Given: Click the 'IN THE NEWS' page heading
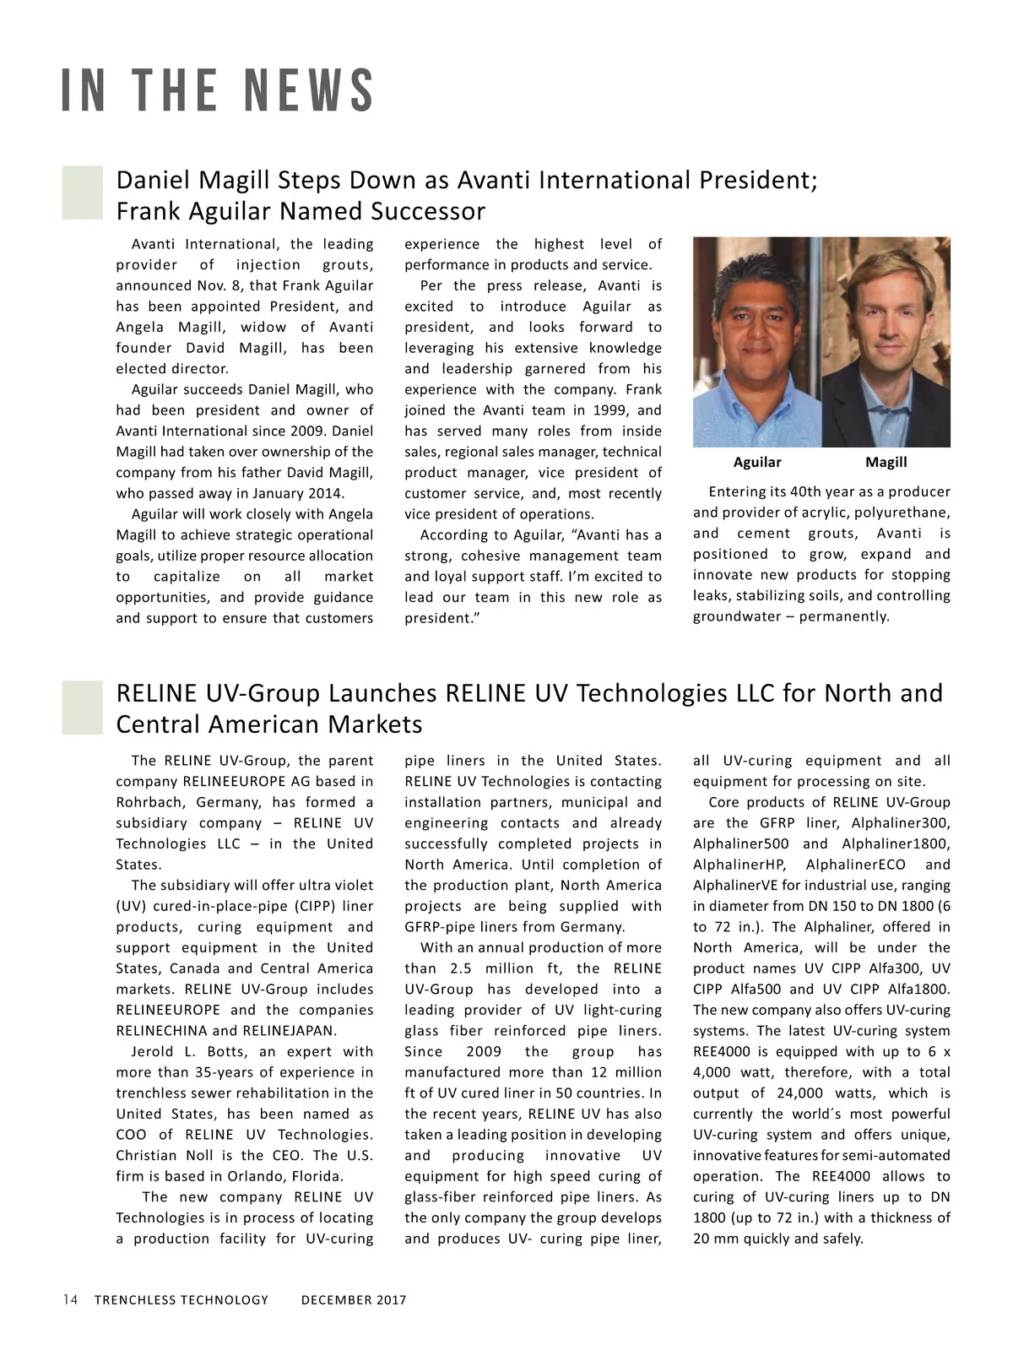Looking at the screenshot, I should [218, 91].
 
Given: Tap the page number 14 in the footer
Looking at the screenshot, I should [70, 1299].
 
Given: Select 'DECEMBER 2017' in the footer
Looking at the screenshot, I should [354, 1300].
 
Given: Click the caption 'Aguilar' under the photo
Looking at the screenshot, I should [757, 462].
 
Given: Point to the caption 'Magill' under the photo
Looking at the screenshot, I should [886, 462].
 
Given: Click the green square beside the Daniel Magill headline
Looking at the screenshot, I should [82, 193].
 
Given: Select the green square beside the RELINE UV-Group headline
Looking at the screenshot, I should [82, 707].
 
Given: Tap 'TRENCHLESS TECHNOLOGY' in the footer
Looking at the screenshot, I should [181, 1300].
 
